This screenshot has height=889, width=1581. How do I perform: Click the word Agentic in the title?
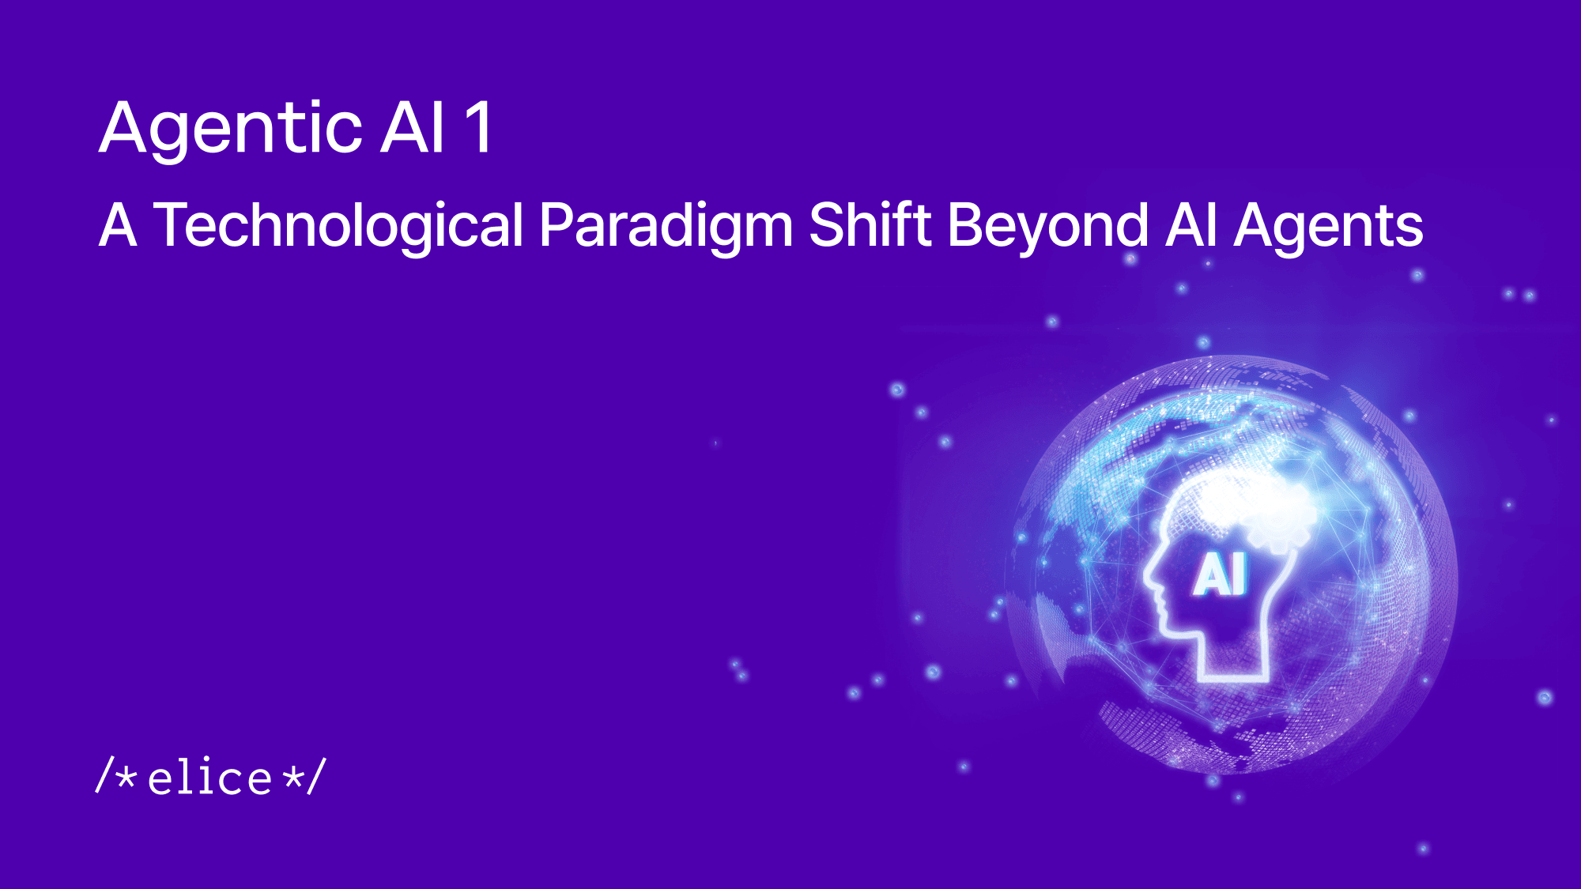(x=232, y=128)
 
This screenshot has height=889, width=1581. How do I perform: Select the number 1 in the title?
(x=479, y=128)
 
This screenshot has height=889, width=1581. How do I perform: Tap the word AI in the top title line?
(x=412, y=128)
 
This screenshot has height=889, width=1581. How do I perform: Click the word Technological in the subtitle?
(x=338, y=226)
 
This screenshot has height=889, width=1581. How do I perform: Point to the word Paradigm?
(x=666, y=226)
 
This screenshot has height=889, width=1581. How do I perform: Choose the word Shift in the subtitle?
(x=871, y=226)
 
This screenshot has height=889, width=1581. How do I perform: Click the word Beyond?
(x=1047, y=226)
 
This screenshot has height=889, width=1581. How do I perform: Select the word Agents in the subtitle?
(x=1328, y=226)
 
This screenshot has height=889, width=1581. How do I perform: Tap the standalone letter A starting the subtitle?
(x=118, y=226)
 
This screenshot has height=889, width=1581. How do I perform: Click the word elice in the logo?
(x=210, y=778)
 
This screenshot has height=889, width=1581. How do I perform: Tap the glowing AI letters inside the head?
(x=1220, y=574)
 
